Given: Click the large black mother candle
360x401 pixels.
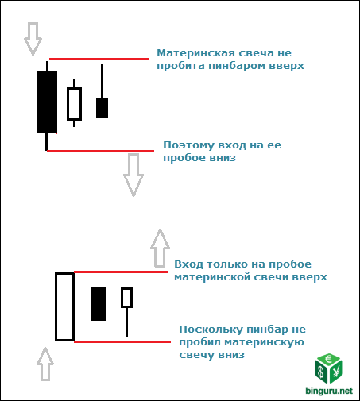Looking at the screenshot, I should click(x=46, y=102).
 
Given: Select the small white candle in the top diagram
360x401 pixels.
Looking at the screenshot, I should click(x=74, y=103).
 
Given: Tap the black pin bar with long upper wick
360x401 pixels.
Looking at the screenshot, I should click(x=102, y=107).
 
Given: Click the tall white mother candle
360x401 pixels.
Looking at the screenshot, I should click(x=64, y=307).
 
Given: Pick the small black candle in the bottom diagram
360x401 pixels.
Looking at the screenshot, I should click(x=98, y=303).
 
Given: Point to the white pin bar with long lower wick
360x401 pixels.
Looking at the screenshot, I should click(x=126, y=299).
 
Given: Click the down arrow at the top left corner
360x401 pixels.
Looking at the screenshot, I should click(x=33, y=38).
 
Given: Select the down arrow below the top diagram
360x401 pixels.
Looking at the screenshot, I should click(x=133, y=175).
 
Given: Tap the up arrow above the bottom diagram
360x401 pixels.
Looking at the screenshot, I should click(x=161, y=249).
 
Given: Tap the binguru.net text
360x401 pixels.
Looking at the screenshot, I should click(x=328, y=391).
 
